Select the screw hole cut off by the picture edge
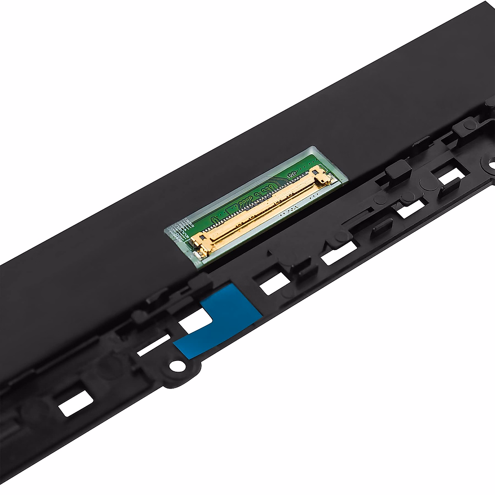click(492, 165)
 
